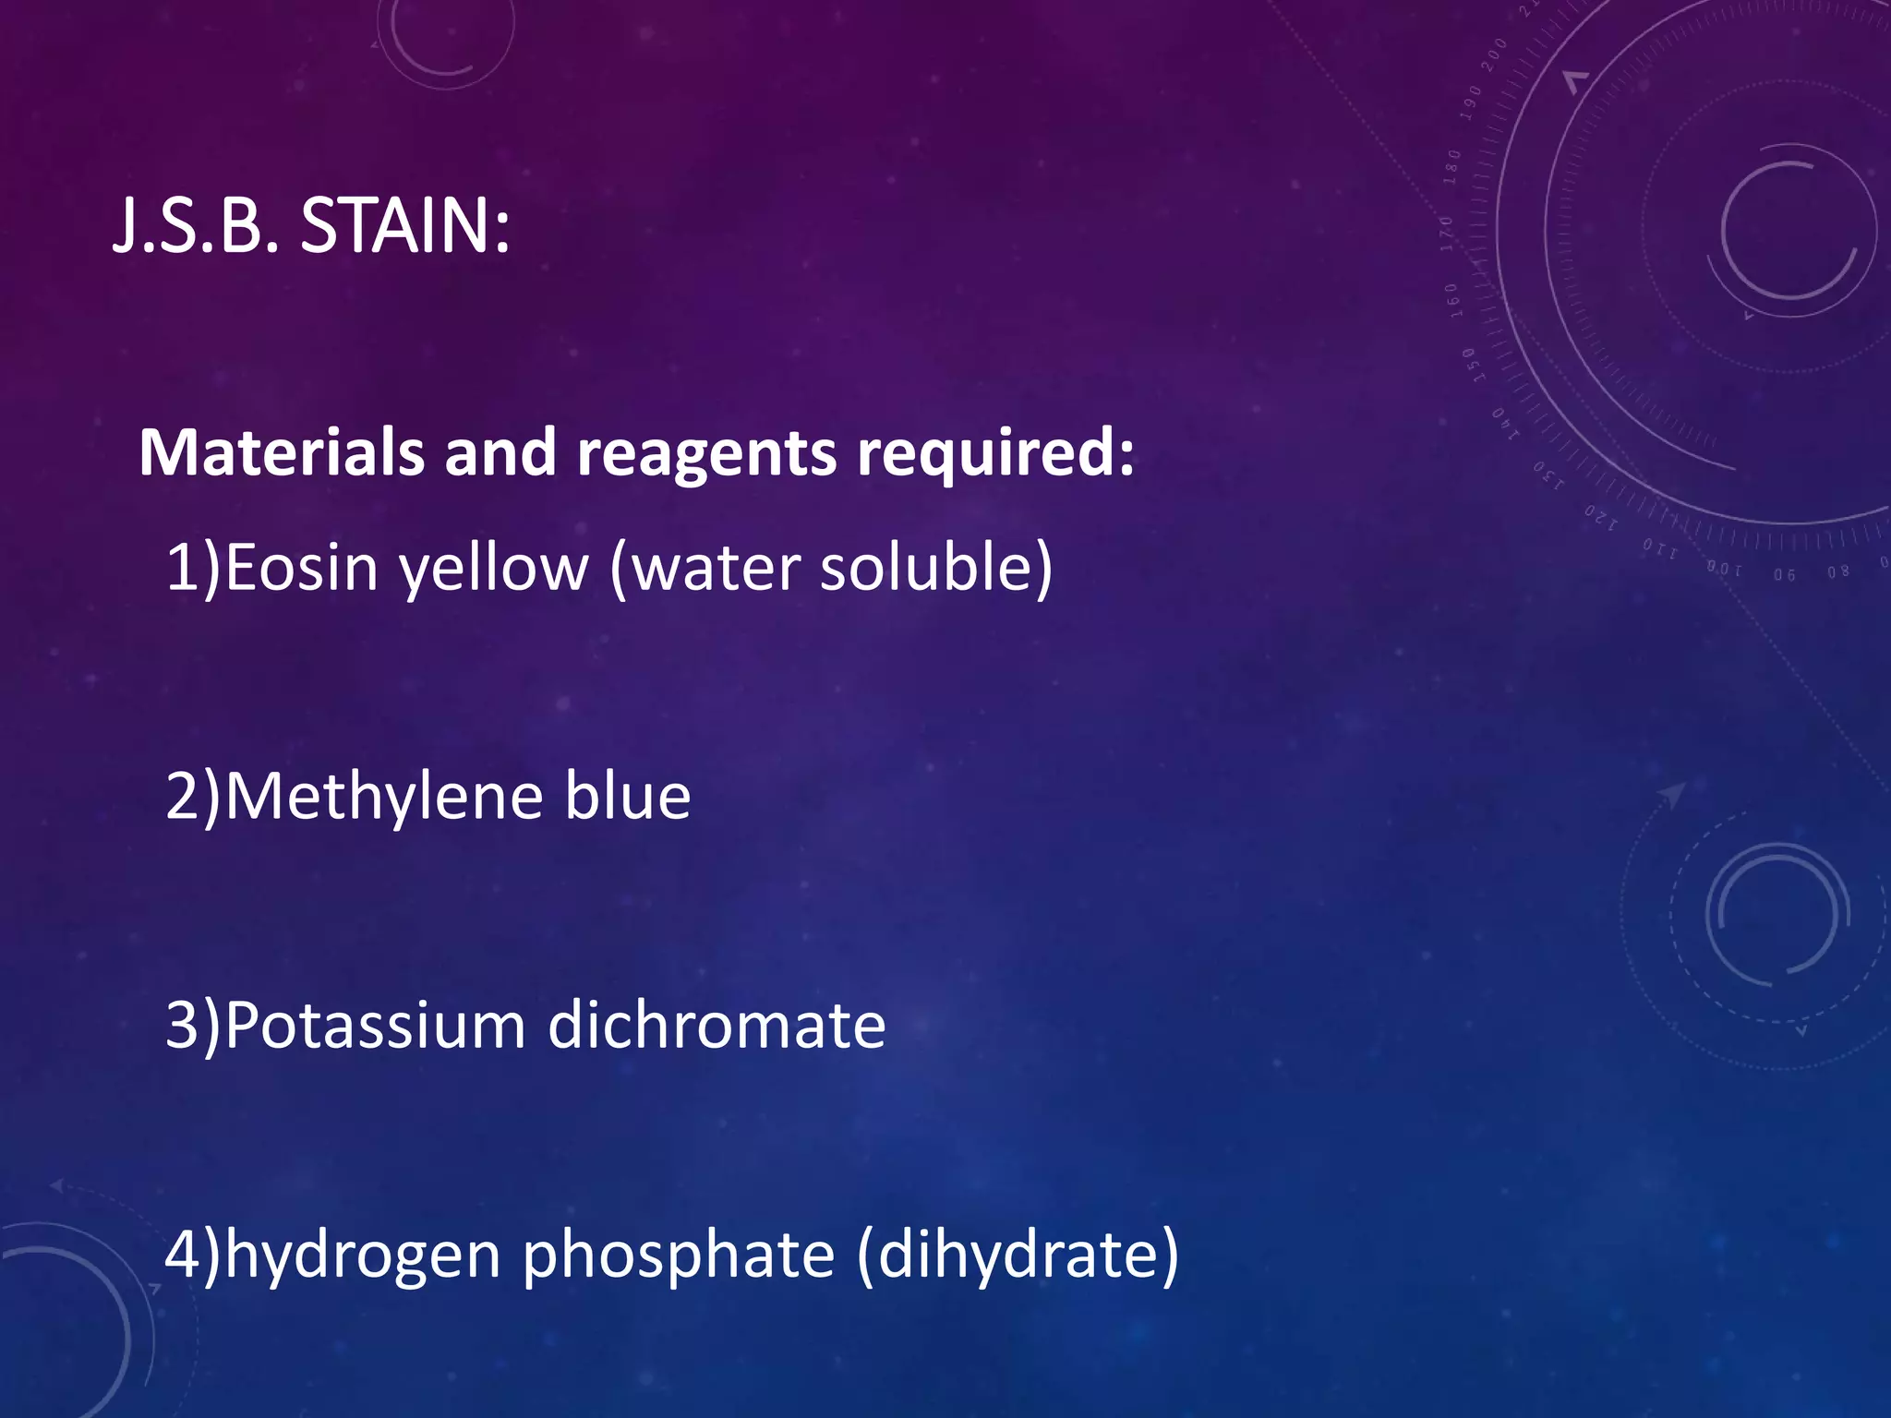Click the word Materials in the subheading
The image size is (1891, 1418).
click(282, 452)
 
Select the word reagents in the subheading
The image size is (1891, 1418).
click(706, 454)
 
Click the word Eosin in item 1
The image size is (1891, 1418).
click(301, 567)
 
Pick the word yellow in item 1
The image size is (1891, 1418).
click(494, 569)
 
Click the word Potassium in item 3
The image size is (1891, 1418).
click(375, 1025)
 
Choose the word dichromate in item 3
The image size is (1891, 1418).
click(717, 1025)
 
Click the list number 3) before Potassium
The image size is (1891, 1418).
click(193, 1025)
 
